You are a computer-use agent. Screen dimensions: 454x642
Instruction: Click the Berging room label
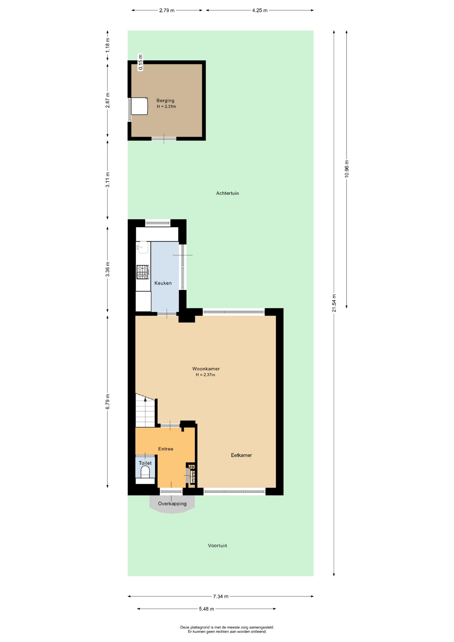pyautogui.click(x=165, y=101)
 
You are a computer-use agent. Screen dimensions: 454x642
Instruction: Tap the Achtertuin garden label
pyautogui.click(x=227, y=193)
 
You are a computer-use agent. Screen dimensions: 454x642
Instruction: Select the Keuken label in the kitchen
pyautogui.click(x=163, y=283)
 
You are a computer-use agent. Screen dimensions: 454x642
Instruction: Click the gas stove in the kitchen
pyautogui.click(x=143, y=272)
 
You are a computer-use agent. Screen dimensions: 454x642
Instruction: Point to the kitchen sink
pyautogui.click(x=142, y=247)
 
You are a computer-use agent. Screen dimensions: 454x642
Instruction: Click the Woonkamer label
pyautogui.click(x=206, y=369)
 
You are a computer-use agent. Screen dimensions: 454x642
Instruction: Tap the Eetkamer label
pyautogui.click(x=241, y=455)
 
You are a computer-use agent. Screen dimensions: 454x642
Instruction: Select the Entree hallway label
pyautogui.click(x=166, y=449)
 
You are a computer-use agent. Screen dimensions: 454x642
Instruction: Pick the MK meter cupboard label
pyautogui.click(x=191, y=467)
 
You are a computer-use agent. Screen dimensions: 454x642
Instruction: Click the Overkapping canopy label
pyautogui.click(x=172, y=504)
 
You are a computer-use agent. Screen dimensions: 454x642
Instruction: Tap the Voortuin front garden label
pyautogui.click(x=217, y=546)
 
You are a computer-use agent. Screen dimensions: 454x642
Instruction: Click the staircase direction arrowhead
pyautogui.click(x=145, y=399)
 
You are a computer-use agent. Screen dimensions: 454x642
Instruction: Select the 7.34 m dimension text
pyautogui.click(x=221, y=596)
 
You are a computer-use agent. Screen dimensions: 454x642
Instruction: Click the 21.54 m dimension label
pyautogui.click(x=334, y=303)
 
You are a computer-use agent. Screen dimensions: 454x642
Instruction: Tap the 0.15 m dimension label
pyautogui.click(x=140, y=62)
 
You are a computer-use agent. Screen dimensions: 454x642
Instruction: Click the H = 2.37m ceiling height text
pyautogui.click(x=206, y=375)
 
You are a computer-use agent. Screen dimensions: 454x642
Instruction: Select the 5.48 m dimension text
pyautogui.click(x=207, y=609)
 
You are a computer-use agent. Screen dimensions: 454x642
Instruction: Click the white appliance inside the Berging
pyautogui.click(x=139, y=106)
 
